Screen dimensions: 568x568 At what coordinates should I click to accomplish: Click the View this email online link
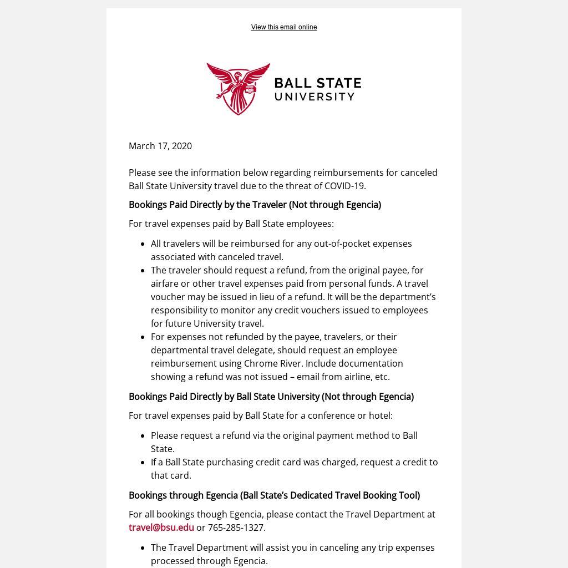(x=283, y=27)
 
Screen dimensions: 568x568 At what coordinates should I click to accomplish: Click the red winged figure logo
(x=239, y=89)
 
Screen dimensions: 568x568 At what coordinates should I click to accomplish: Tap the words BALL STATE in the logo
(x=317, y=84)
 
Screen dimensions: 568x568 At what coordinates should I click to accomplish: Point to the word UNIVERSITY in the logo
(x=315, y=97)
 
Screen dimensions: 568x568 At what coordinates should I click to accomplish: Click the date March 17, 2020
(x=160, y=146)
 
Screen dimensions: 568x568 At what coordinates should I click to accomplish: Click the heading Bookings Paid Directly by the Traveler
(x=255, y=205)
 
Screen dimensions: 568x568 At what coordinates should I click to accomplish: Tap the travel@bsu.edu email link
(x=161, y=528)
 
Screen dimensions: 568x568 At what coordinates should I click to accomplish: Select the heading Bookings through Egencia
(x=274, y=495)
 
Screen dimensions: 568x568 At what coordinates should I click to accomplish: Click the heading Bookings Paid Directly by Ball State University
(x=271, y=397)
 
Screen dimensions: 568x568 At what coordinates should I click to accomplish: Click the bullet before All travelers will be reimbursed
(x=143, y=244)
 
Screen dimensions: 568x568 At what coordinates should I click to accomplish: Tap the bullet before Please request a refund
(x=143, y=436)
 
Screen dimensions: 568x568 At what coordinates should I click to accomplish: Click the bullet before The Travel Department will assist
(x=143, y=548)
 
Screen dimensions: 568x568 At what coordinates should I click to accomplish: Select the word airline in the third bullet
(x=358, y=377)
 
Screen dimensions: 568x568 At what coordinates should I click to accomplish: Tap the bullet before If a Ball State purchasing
(x=143, y=463)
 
